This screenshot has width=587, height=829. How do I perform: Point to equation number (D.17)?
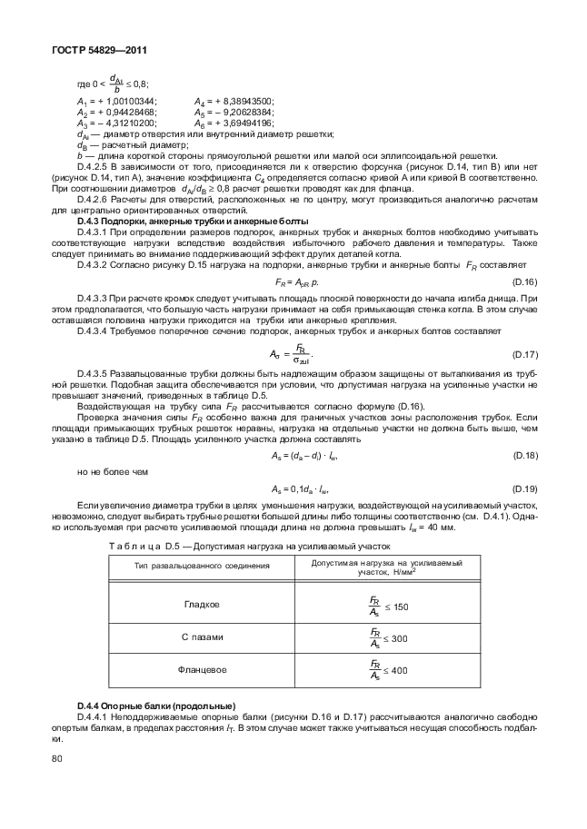click(525, 354)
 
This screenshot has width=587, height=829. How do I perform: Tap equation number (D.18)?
click(525, 455)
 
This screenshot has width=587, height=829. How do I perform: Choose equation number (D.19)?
click(525, 487)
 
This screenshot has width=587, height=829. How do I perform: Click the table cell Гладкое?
click(202, 605)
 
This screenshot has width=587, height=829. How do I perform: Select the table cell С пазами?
click(202, 637)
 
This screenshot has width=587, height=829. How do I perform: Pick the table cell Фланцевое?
click(202, 671)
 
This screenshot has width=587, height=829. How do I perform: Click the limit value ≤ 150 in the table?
click(396, 607)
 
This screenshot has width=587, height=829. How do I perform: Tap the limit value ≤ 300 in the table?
click(396, 639)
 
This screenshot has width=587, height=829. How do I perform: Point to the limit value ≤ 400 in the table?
click(396, 673)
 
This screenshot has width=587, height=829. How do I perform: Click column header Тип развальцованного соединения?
click(202, 566)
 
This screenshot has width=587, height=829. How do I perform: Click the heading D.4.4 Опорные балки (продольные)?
click(156, 706)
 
